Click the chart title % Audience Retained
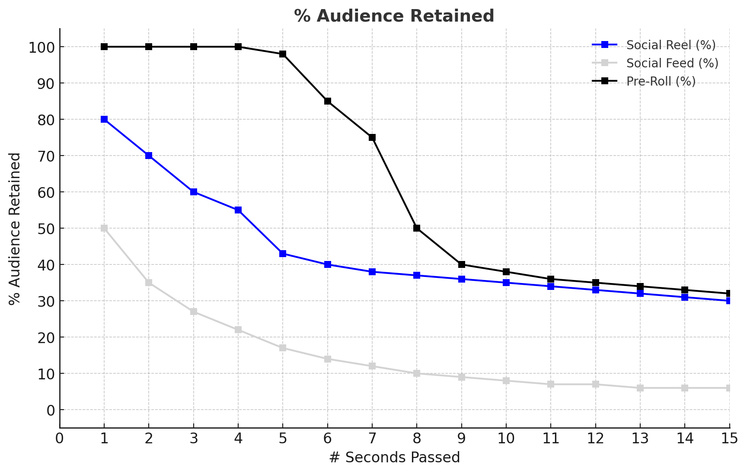pyautogui.click(x=394, y=16)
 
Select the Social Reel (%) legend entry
pyautogui.click(x=670, y=45)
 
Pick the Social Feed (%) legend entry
pyautogui.click(x=672, y=63)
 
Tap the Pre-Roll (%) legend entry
pyautogui.click(x=661, y=81)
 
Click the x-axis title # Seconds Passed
pyautogui.click(x=394, y=458)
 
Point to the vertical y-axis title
pyautogui.click(x=15, y=229)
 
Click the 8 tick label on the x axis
pyautogui.click(x=417, y=439)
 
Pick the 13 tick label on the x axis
pyautogui.click(x=640, y=439)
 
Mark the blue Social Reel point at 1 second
pyautogui.click(x=104, y=119)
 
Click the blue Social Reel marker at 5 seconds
pyautogui.click(x=283, y=254)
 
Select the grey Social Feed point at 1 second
pyautogui.click(x=104, y=228)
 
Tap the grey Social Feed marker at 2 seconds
pyautogui.click(x=149, y=283)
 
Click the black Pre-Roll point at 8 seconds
pyautogui.click(x=417, y=228)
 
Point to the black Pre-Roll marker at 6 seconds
pyautogui.click(x=328, y=101)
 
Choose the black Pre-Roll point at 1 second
pyautogui.click(x=104, y=47)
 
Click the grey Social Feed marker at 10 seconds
pyautogui.click(x=506, y=381)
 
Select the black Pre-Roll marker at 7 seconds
pyautogui.click(x=372, y=137)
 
